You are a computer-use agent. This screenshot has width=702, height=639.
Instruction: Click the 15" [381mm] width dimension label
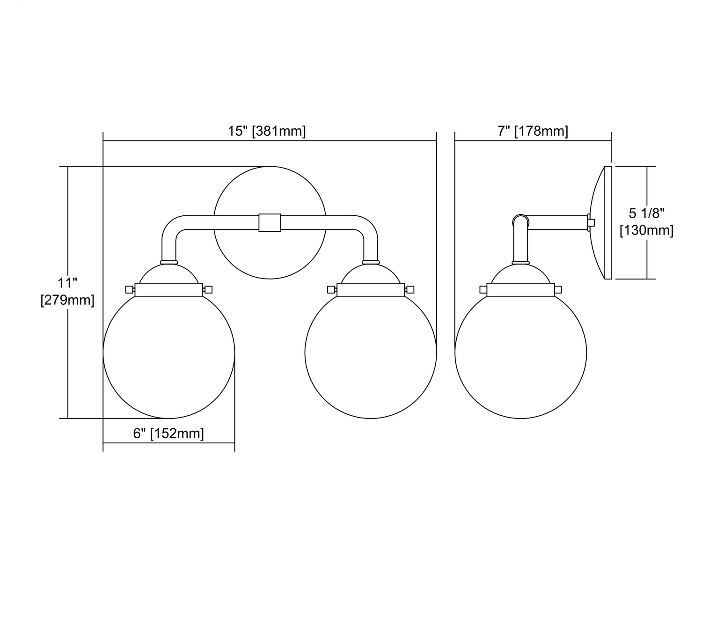(x=267, y=131)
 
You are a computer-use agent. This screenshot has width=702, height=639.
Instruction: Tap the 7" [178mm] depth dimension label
(x=533, y=131)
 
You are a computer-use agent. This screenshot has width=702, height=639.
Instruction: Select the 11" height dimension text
(x=67, y=282)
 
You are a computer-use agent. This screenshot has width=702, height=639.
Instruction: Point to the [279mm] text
(x=67, y=300)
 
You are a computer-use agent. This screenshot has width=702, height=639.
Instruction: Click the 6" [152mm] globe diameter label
(x=168, y=433)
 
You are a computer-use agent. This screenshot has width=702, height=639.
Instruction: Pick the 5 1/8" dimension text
(x=647, y=213)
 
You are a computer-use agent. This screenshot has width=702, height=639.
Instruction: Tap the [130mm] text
(x=647, y=230)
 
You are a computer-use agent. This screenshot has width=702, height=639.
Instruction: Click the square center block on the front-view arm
(x=270, y=223)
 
